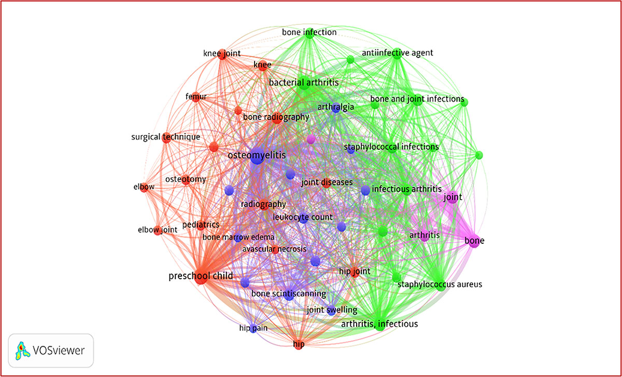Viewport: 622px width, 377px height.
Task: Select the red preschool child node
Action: (x=201, y=277)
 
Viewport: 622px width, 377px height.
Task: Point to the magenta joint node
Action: (x=453, y=198)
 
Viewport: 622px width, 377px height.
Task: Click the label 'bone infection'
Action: (x=309, y=32)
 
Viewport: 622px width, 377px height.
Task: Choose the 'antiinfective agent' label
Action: (x=398, y=52)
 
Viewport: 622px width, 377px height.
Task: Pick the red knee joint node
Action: (x=222, y=54)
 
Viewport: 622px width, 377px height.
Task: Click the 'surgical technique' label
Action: (x=165, y=137)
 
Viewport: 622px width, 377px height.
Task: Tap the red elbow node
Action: (x=144, y=188)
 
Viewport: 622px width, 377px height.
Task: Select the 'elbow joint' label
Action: (x=158, y=230)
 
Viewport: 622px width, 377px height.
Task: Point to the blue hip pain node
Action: (x=253, y=329)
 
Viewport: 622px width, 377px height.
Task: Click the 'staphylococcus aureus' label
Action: (x=440, y=284)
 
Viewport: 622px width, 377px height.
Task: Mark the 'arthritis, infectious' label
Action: (x=379, y=324)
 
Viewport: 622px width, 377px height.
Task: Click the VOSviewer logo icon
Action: (x=22, y=351)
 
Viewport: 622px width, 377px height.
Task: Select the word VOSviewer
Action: (x=59, y=351)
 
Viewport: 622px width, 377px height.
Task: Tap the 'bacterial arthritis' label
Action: (x=304, y=82)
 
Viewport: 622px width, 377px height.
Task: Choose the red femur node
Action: (x=196, y=97)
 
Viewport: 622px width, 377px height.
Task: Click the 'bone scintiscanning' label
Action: (x=289, y=294)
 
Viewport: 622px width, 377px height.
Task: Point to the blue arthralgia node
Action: (x=336, y=108)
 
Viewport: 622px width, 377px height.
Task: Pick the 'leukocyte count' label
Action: (x=303, y=217)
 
